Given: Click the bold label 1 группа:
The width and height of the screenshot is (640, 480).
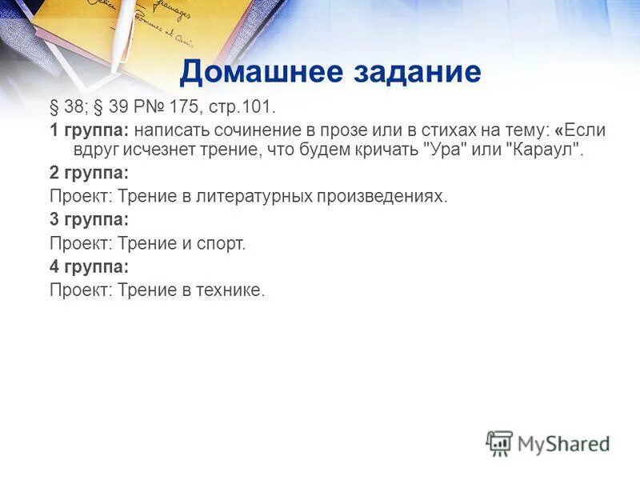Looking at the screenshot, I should pos(89,129).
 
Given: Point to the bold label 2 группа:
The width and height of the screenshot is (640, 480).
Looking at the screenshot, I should pos(89,173).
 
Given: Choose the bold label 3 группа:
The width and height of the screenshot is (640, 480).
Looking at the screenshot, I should pos(89,219).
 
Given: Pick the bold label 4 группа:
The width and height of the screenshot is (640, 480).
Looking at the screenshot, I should pos(89,266).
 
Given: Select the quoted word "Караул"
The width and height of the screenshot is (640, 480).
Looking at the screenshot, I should pos(541,150).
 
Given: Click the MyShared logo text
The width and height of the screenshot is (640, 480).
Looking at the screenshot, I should pos(565,443).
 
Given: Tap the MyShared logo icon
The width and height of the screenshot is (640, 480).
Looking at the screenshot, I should pos(499,443).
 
